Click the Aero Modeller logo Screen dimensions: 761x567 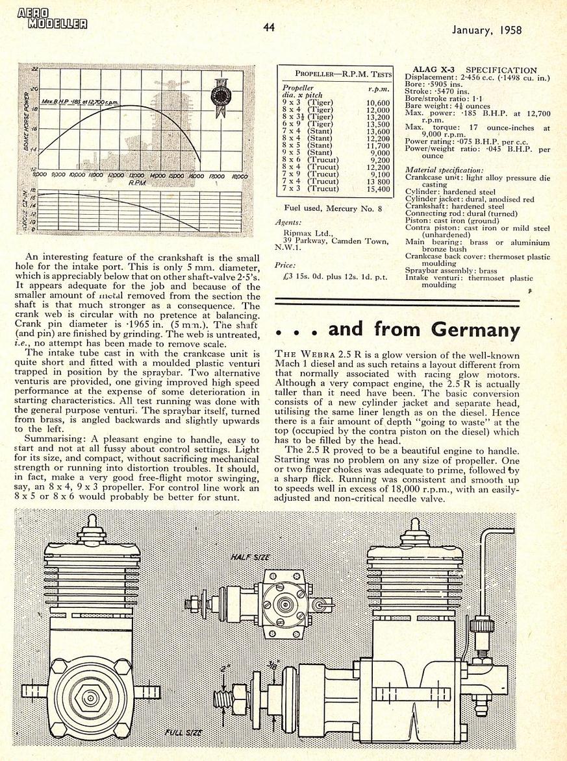tap(53, 19)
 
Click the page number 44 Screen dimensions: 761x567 tap(270, 27)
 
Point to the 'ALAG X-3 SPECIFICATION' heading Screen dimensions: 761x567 tap(475, 70)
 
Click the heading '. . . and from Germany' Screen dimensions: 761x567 tap(397, 330)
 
